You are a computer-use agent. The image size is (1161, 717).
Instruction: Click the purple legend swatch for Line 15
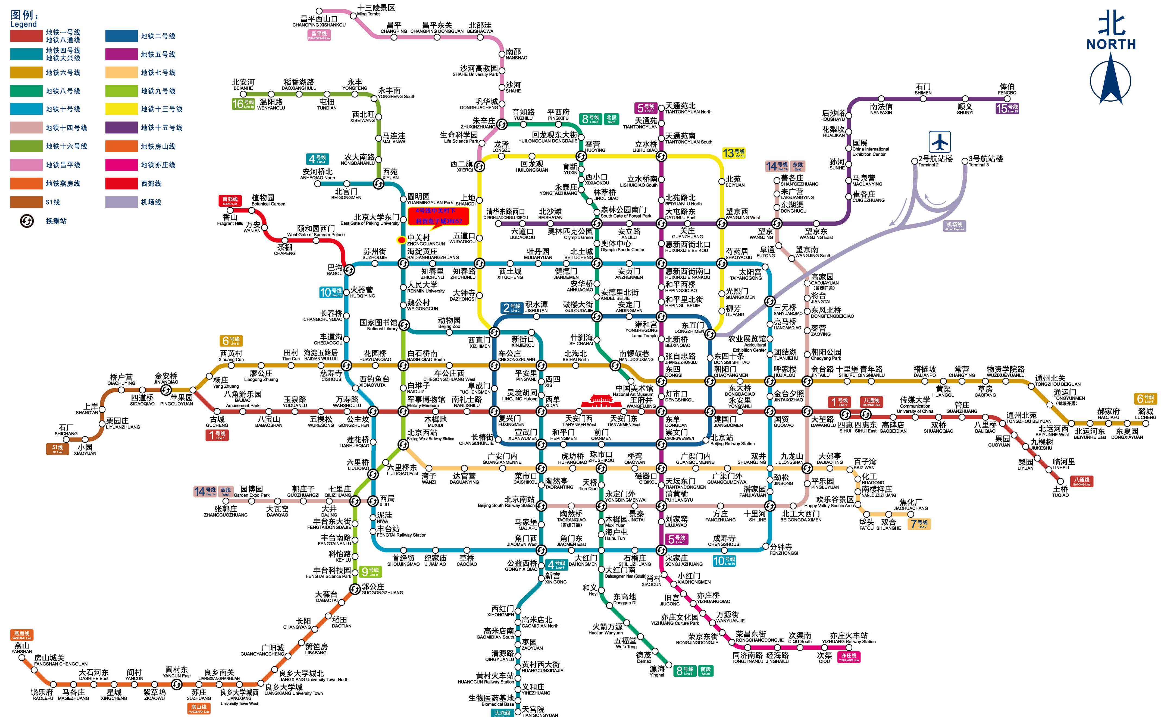[121, 128]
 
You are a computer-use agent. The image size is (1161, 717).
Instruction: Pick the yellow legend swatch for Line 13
[121, 109]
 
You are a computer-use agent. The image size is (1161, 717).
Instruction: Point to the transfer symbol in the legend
[27, 221]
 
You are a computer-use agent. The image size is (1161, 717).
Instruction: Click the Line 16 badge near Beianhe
[243, 104]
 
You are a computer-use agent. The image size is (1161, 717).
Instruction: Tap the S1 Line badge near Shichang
[57, 449]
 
